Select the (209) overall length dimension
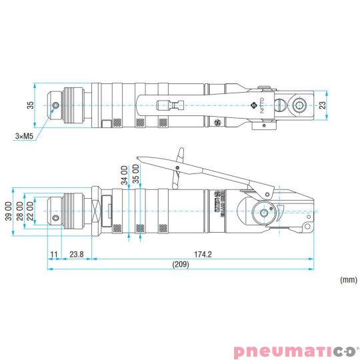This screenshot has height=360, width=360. (180, 265)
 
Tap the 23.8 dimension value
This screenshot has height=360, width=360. (75, 254)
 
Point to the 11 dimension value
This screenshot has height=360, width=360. (53, 254)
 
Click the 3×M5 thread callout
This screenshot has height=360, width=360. (24, 136)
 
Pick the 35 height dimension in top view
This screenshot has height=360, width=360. (29, 105)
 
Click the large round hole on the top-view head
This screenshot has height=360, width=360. (299, 104)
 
